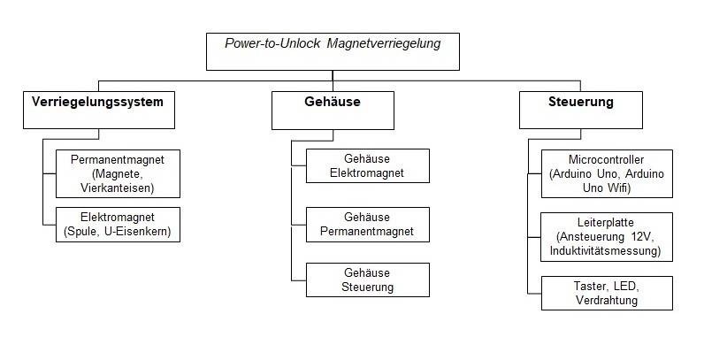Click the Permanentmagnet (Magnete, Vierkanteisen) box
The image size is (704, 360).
tap(117, 172)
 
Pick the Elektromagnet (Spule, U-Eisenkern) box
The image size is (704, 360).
tap(117, 225)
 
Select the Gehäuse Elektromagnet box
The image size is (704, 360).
tap(367, 166)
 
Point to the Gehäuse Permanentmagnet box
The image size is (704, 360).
tap(367, 225)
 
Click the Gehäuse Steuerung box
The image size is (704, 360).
tap(367, 280)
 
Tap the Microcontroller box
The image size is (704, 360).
tap(607, 173)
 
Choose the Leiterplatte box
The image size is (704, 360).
tap(607, 236)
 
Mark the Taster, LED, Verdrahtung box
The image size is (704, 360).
tap(607, 294)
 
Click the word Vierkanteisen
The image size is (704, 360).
tap(117, 188)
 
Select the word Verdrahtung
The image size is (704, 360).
tap(607, 302)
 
